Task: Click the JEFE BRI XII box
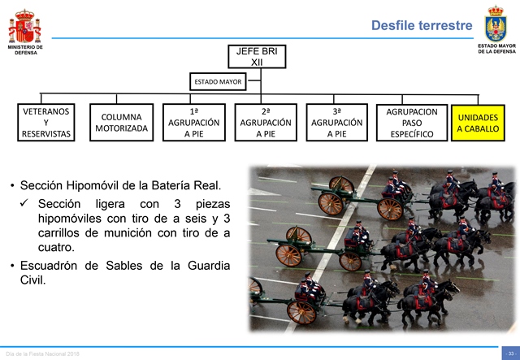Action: [257, 57]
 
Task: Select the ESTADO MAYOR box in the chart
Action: [218, 81]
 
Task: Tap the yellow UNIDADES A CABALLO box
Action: [478, 123]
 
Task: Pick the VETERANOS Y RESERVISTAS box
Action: [46, 123]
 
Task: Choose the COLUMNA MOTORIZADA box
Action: [121, 123]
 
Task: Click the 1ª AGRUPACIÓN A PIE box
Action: [194, 123]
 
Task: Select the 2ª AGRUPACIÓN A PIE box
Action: [266, 123]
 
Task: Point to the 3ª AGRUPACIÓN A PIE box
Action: [337, 123]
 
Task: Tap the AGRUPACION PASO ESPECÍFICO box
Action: [412, 123]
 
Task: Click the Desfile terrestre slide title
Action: [422, 25]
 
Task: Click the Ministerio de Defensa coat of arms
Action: [25, 26]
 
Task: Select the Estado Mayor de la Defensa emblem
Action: [496, 24]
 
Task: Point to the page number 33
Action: [511, 353]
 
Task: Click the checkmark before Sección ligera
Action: [24, 202]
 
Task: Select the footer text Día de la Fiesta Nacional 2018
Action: [42, 354]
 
